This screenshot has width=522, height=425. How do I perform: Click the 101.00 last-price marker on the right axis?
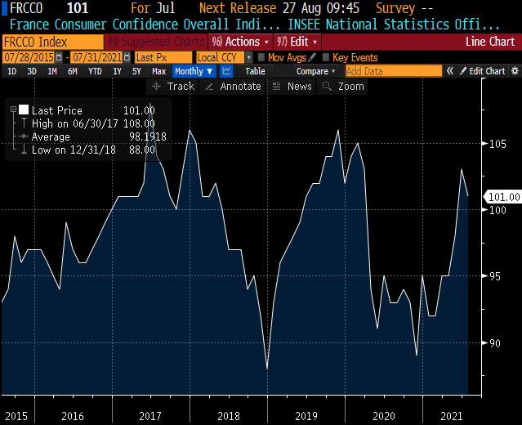503,197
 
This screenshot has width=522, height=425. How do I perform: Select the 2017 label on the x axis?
150,416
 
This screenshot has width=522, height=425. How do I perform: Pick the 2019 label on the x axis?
306,416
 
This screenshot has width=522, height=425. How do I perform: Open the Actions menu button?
239,41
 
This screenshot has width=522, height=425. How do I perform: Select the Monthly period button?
190,71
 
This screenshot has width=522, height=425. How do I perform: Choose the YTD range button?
95,71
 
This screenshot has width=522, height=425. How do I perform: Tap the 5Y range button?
136,71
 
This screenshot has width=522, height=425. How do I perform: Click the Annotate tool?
234,86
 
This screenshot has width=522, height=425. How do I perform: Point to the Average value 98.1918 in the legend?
147,136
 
